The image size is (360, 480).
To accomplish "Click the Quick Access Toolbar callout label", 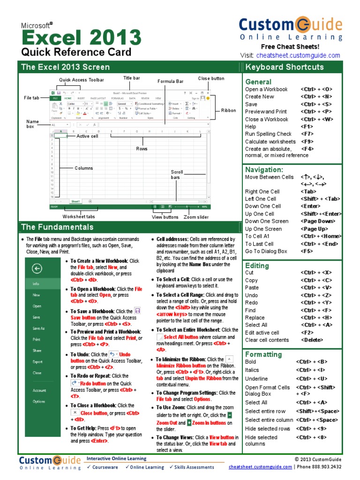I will click(x=81, y=80).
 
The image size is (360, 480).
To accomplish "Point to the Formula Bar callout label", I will click(x=171, y=81).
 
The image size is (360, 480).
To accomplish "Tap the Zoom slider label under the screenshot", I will click(x=196, y=217).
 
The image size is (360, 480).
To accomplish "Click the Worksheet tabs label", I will click(x=79, y=217).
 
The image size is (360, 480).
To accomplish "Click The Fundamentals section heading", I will click(x=57, y=227).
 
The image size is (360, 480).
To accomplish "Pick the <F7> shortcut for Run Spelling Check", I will click(x=307, y=134).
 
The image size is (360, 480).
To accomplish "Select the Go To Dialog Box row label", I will click(x=266, y=251).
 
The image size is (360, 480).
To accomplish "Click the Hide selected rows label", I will click(x=268, y=428).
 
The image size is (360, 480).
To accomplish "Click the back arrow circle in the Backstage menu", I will click(x=37, y=268).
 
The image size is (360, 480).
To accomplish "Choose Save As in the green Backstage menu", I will click(x=38, y=328).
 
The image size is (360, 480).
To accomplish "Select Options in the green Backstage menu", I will click(x=38, y=401).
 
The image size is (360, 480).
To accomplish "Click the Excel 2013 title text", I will click(x=81, y=37).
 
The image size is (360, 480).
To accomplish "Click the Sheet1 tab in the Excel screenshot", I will click(x=75, y=201).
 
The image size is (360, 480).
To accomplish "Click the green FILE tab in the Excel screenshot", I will click(x=54, y=98).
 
